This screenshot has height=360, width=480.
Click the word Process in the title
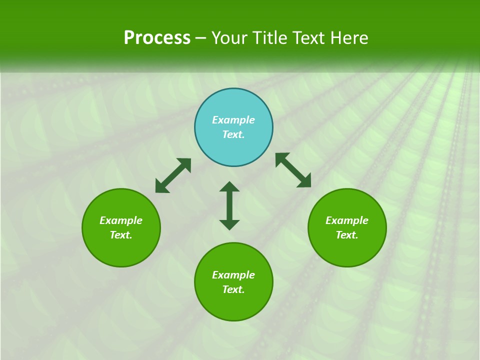tap(157, 38)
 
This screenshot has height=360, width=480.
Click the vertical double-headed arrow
tap(229, 205)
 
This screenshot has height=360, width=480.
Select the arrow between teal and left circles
tap(173, 175)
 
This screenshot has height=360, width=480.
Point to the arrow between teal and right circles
tap(293, 170)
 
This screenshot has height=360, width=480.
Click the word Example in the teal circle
tap(233, 120)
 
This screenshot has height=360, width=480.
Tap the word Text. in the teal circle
tap(233, 134)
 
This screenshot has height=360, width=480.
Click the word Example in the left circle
tap(121, 220)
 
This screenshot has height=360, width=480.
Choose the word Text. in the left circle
tap(121, 235)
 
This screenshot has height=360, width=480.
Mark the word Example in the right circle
tap(347, 220)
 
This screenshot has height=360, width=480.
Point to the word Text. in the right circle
tap(347, 235)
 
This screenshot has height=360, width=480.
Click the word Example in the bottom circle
tap(233, 275)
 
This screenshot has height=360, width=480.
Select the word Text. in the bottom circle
tap(233, 289)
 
